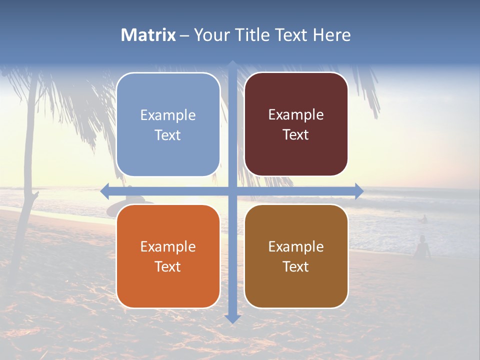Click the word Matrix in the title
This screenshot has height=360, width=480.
tap(148, 35)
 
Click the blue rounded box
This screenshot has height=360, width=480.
tap(168, 124)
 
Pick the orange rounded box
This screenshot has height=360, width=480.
tap(168, 256)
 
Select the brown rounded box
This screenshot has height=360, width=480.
tap(296, 256)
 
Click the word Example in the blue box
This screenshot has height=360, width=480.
tap(168, 115)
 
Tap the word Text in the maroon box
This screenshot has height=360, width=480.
tap(296, 134)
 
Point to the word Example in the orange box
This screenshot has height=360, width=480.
tap(168, 246)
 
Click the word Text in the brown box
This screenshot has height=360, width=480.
tap(296, 266)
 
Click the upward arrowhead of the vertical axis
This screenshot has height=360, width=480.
tap(232, 64)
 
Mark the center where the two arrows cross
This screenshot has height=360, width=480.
tap(232, 191)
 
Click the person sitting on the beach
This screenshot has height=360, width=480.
tap(422, 248)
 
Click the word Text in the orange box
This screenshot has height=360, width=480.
tap(168, 266)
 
